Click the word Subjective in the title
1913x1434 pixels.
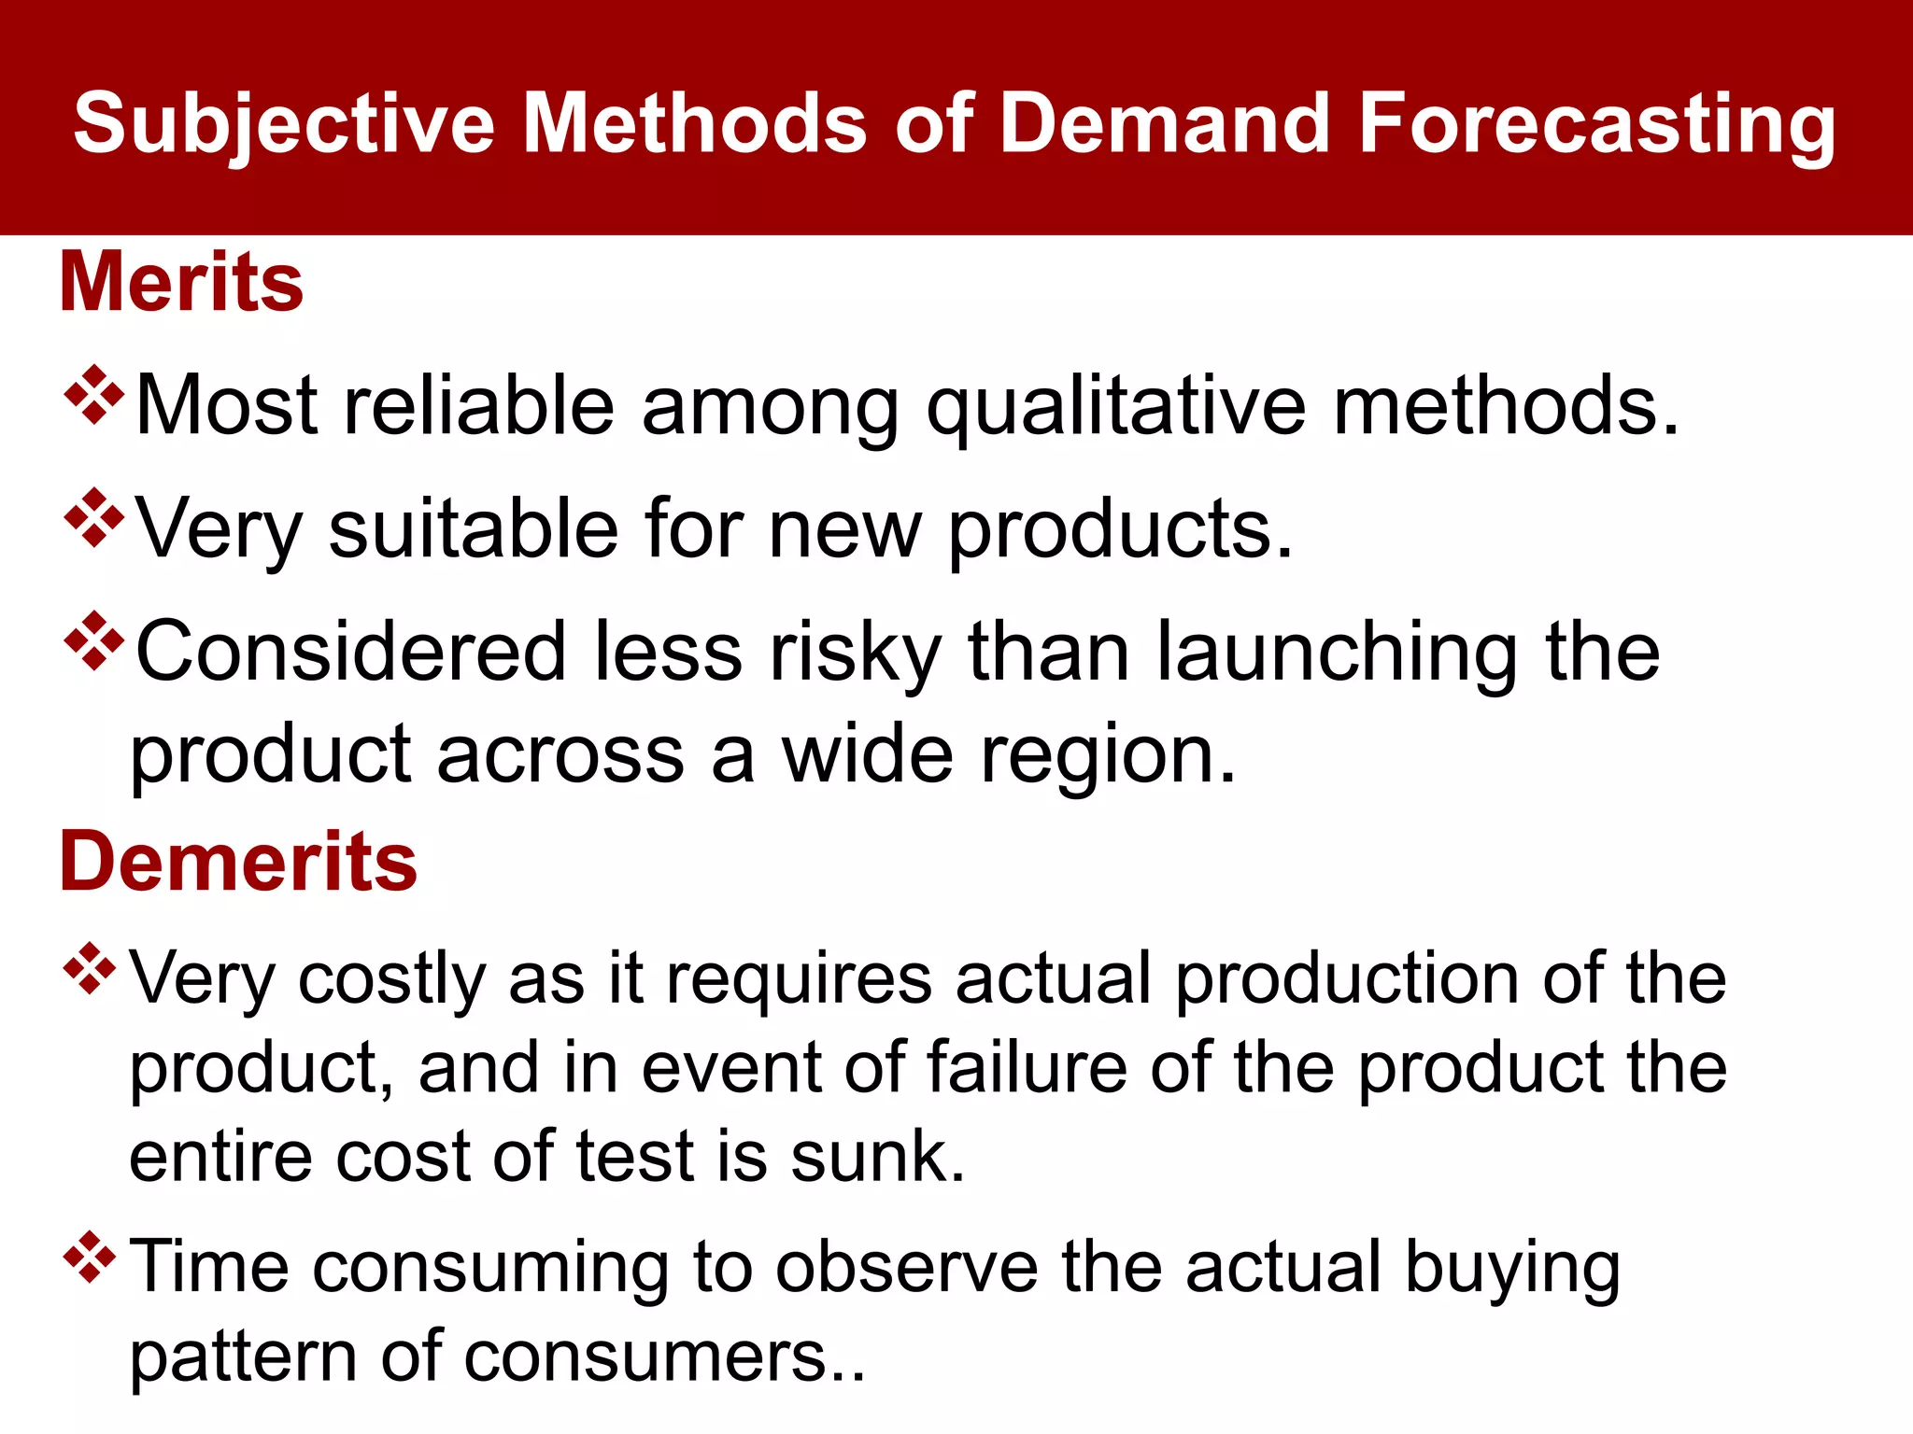click(x=284, y=124)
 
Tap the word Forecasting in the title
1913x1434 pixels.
click(x=1597, y=124)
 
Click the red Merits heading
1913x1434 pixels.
click(x=181, y=282)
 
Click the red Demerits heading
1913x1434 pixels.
click(x=238, y=861)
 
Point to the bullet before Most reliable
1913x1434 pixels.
click(x=94, y=395)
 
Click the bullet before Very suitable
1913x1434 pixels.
click(x=94, y=517)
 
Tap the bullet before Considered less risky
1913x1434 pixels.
click(x=94, y=640)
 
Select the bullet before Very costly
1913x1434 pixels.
click(x=90, y=969)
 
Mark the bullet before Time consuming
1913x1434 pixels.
click(x=90, y=1258)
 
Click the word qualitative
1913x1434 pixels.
click(x=1116, y=407)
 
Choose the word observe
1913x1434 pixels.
click(x=906, y=1268)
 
